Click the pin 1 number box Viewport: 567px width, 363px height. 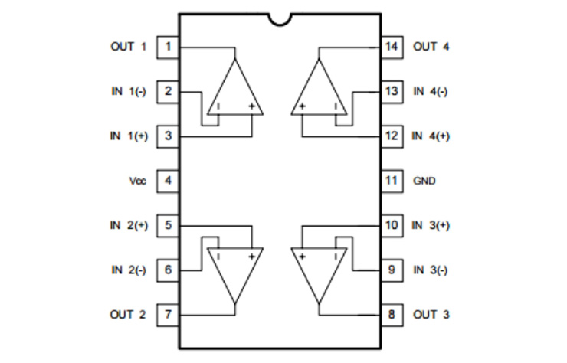[x=168, y=47]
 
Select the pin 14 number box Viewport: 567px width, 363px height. [x=392, y=47]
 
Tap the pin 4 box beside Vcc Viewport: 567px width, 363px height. [x=168, y=181]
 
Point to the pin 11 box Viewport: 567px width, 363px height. [x=392, y=181]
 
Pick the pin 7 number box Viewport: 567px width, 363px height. [x=168, y=315]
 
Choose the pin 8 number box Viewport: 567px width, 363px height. [x=392, y=315]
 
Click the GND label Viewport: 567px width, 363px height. [x=424, y=181]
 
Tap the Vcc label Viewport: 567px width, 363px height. [x=138, y=181]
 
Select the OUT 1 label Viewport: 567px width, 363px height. [x=129, y=47]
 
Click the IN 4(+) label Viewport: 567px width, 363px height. [x=431, y=136]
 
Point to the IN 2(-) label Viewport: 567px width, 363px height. [x=129, y=270]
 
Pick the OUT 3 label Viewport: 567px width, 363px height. [x=431, y=315]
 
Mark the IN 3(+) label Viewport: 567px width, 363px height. [x=431, y=226]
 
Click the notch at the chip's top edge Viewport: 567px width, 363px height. [x=280, y=20]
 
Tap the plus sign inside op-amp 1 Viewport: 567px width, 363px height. [x=251, y=106]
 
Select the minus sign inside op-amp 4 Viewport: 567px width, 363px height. [x=336, y=106]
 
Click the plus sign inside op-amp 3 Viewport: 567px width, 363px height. [x=303, y=257]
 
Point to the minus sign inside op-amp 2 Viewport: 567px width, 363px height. [x=218, y=257]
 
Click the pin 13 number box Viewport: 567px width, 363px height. [x=392, y=92]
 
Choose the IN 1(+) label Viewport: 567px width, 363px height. [x=129, y=136]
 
